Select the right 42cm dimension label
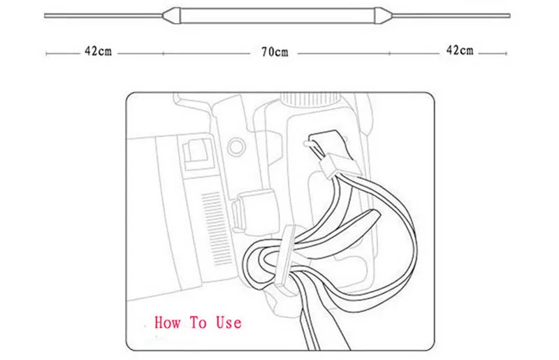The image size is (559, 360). (459, 50)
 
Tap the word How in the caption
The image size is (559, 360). (168, 323)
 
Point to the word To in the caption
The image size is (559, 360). (198, 323)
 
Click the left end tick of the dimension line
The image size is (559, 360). (46, 53)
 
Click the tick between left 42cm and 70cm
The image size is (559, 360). (163, 53)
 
